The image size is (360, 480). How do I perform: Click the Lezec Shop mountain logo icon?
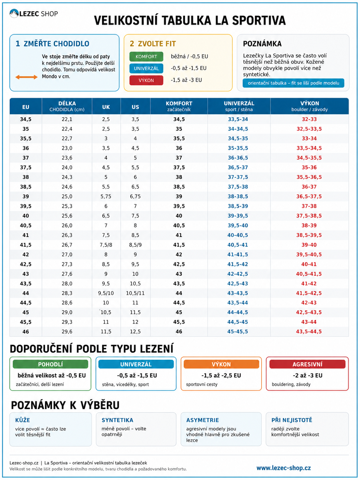(14, 14)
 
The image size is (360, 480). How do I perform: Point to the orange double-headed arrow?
(27, 77)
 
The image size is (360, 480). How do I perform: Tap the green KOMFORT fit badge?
(146, 57)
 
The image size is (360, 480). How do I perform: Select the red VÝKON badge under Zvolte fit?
(146, 80)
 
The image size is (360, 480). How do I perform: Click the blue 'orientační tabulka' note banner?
(293, 83)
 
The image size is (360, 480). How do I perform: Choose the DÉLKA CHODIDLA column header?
(67, 106)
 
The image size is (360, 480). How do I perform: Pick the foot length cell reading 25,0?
(67, 197)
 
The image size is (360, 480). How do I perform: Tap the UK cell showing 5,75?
(106, 197)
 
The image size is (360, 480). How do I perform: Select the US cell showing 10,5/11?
(135, 293)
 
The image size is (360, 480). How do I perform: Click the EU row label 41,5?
(26, 245)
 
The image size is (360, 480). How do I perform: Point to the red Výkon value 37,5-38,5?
(309, 216)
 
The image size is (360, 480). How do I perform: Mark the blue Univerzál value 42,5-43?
(238, 283)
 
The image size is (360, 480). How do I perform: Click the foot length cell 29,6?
(67, 331)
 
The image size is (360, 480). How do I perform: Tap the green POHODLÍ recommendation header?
(50, 364)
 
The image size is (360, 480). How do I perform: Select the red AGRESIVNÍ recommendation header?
(307, 364)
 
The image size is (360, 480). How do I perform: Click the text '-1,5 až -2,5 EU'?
(221, 376)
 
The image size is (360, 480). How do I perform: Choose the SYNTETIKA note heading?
(117, 420)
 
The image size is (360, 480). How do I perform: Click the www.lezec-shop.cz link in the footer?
(283, 468)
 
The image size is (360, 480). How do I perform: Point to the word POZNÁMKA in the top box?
(262, 44)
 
